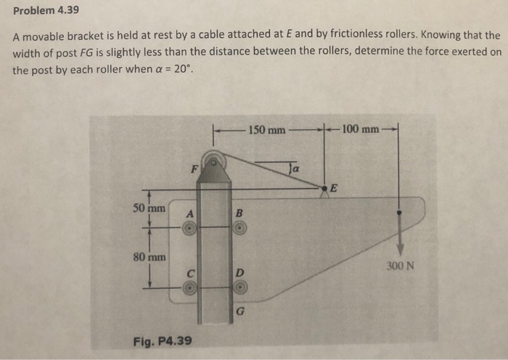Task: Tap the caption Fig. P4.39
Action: click(x=163, y=339)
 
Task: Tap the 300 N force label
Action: click(x=401, y=265)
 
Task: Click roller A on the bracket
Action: click(x=189, y=228)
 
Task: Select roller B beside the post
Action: click(x=241, y=228)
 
